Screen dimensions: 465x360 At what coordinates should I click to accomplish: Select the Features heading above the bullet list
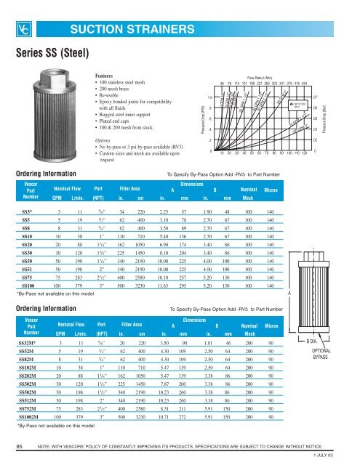[108, 76]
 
